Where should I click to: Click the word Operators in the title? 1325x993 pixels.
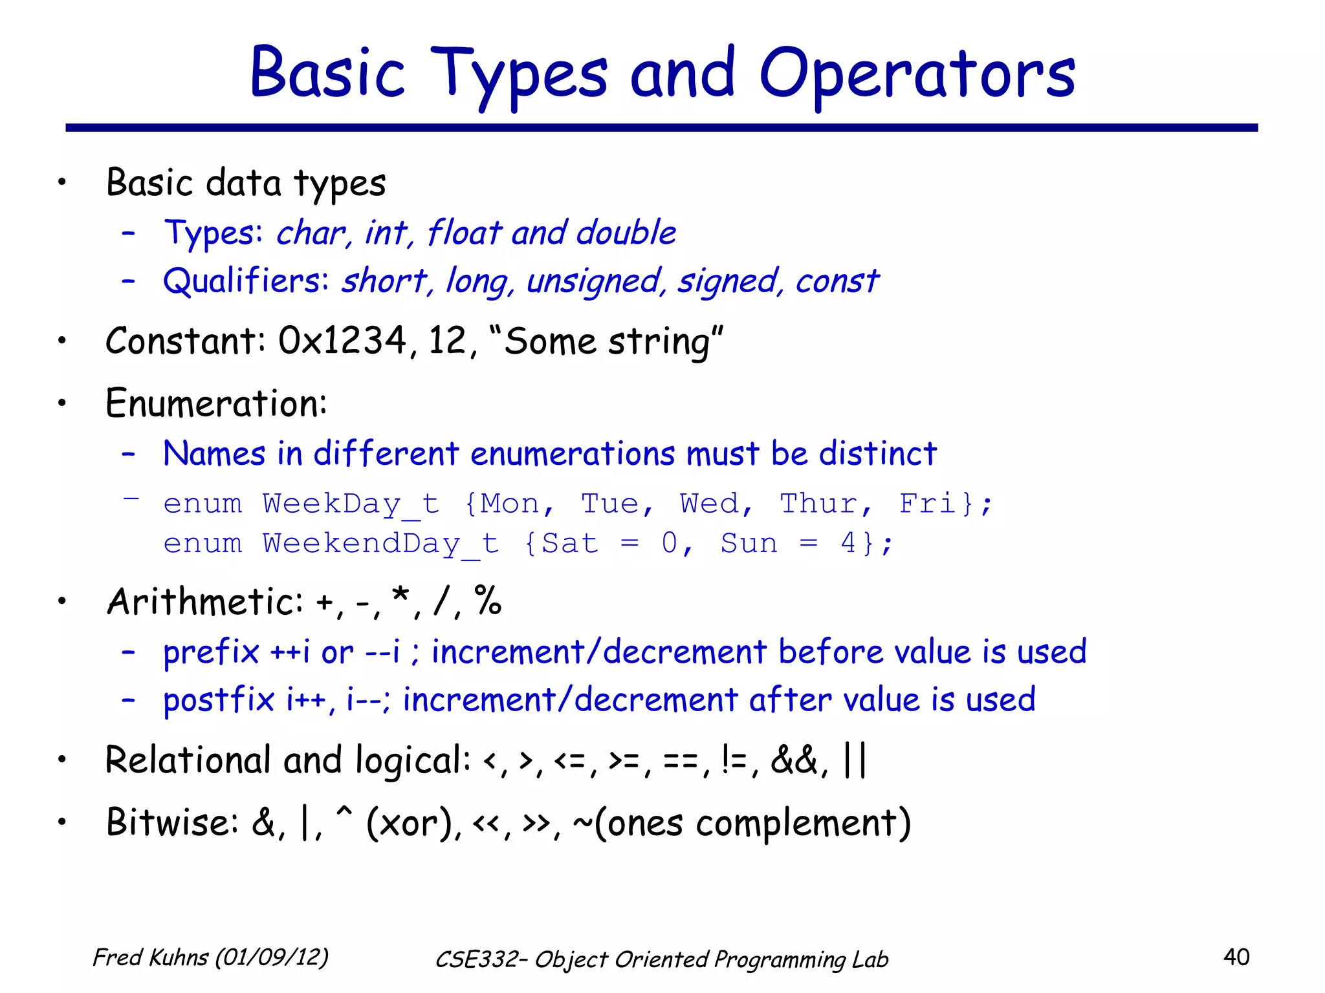click(917, 74)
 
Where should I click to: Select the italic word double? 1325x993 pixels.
click(626, 232)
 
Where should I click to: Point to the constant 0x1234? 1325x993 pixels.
click(342, 341)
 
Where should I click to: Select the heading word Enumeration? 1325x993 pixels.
click(216, 403)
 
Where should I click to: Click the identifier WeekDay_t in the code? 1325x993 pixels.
click(351, 504)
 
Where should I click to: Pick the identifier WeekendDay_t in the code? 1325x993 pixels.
click(380, 543)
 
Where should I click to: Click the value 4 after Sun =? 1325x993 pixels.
click(848, 543)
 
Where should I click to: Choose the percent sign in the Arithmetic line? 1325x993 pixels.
click(488, 601)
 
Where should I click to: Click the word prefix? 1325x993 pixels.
click(211, 652)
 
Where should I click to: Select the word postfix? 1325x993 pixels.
click(219, 700)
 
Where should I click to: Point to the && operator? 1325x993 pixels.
click(794, 760)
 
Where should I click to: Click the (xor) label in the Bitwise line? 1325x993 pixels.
click(411, 823)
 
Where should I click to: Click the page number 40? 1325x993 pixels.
click(1236, 957)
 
